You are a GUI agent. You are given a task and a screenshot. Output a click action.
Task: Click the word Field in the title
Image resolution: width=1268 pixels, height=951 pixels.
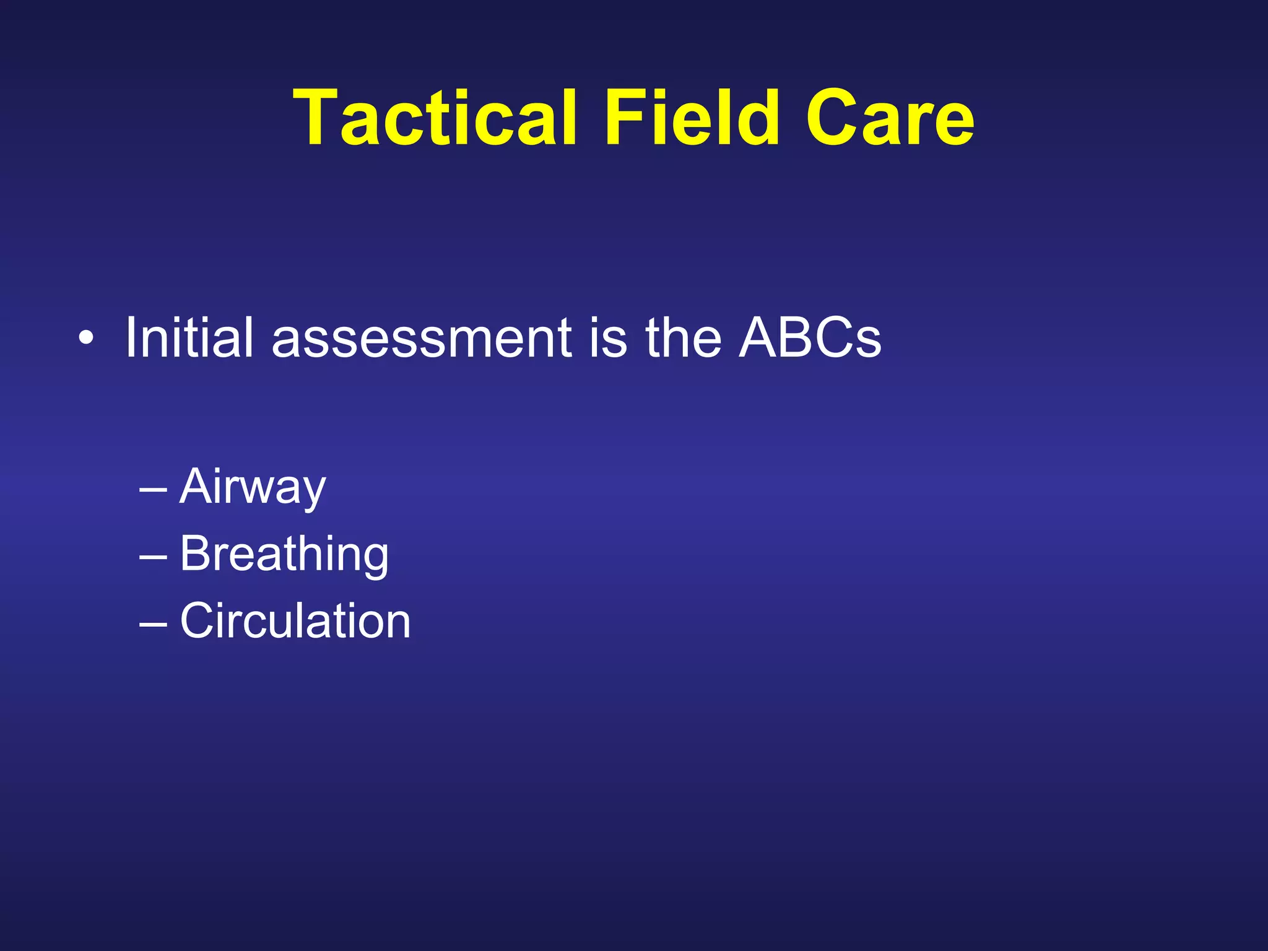pyautogui.click(x=691, y=118)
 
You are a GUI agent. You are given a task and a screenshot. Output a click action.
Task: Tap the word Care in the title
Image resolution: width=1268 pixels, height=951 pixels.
pyautogui.click(x=889, y=118)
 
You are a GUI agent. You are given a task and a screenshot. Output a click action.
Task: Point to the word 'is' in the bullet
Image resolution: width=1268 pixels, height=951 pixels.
pyautogui.click(x=609, y=339)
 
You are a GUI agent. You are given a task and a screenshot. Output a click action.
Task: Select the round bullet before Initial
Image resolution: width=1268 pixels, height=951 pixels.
pyautogui.click(x=87, y=339)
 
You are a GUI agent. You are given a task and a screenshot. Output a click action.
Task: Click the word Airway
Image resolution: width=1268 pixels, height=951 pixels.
pyautogui.click(x=252, y=487)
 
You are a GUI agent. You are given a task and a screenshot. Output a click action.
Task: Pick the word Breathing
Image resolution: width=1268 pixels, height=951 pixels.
pyautogui.click(x=284, y=554)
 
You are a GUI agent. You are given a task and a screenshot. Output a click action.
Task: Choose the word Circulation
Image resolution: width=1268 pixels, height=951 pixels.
pyautogui.click(x=295, y=620)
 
